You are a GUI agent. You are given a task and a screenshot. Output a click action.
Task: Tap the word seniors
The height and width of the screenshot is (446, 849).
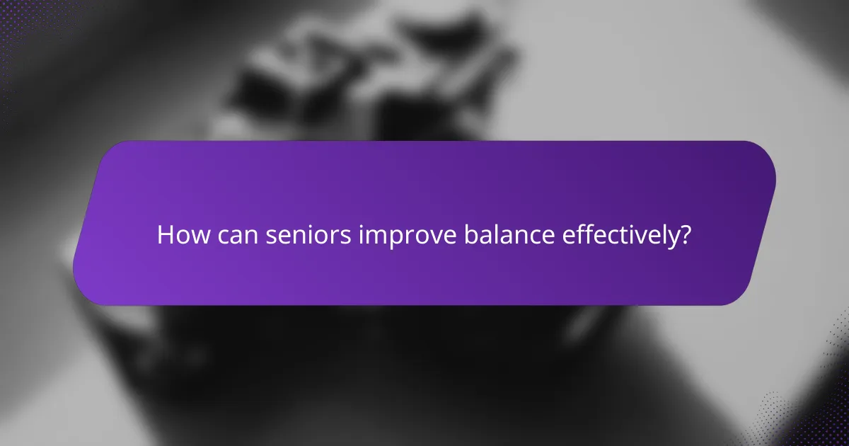(x=309, y=235)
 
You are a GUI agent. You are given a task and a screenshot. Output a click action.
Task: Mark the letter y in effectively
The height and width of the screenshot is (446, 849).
(x=671, y=239)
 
